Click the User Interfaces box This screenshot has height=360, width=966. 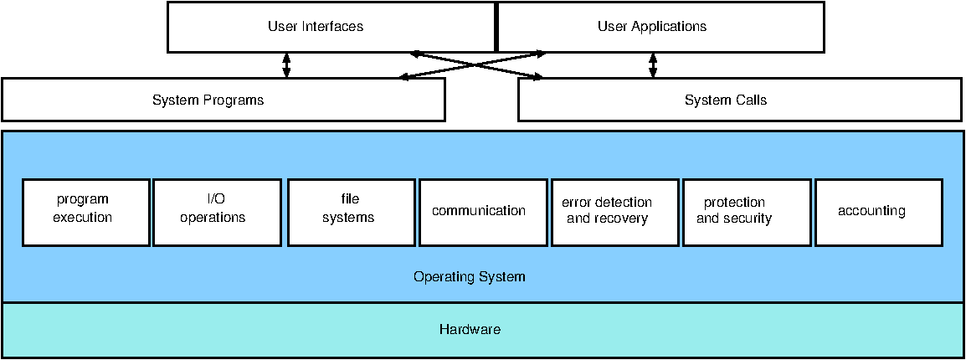click(331, 27)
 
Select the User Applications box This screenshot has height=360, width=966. click(660, 27)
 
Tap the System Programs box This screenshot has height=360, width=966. click(223, 100)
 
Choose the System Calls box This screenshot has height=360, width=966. click(741, 100)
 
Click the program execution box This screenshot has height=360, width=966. click(85, 213)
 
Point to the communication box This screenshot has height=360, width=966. click(482, 213)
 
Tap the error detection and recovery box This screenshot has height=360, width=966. click(614, 213)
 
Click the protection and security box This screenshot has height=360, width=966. click(747, 213)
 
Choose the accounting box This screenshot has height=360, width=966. click(879, 213)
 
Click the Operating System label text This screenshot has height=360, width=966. click(470, 276)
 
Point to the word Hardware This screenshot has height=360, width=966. click(470, 329)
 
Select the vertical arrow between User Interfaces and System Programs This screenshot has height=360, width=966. click(285, 64)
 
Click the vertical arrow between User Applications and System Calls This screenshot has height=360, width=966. click(653, 64)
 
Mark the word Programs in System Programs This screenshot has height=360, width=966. click(234, 100)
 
